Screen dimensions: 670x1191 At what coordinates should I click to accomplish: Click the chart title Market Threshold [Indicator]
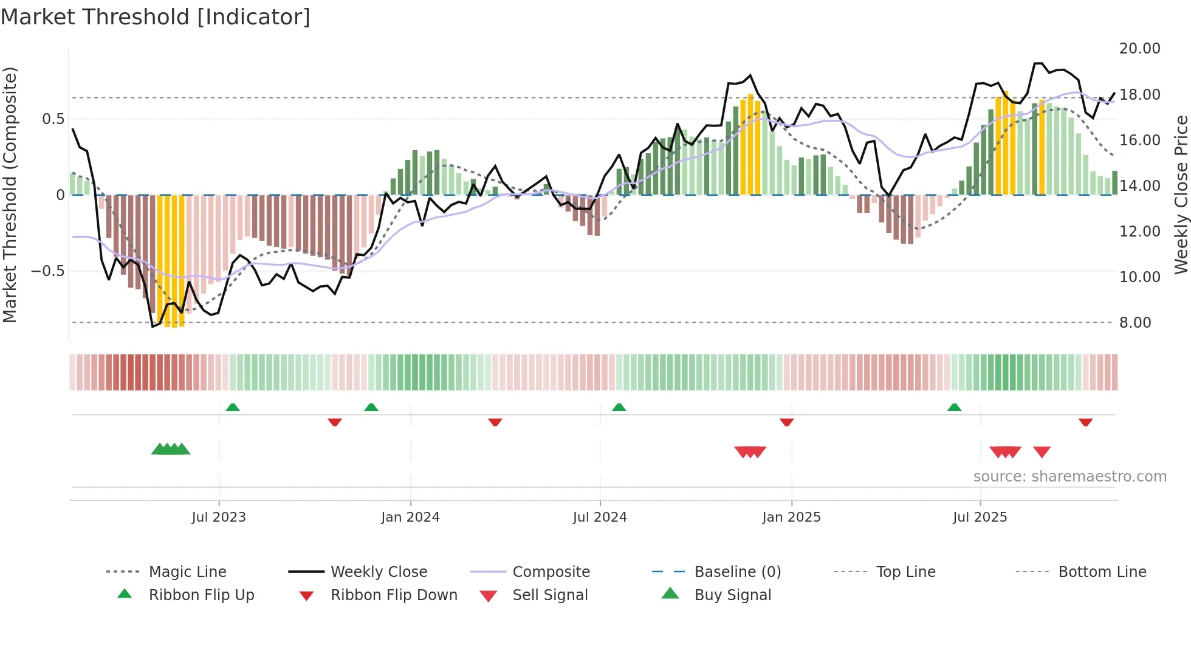[156, 17]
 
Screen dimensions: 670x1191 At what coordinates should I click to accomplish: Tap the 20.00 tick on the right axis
[1139, 49]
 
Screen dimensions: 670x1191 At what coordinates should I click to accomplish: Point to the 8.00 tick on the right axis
[1134, 323]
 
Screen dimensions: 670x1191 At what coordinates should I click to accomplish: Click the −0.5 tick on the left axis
[47, 271]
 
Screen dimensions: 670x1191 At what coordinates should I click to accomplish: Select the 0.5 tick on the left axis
[53, 119]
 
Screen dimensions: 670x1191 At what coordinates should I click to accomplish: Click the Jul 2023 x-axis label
[219, 517]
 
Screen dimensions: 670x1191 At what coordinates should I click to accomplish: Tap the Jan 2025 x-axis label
[791, 517]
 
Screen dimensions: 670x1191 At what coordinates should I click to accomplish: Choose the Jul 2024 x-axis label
[600, 517]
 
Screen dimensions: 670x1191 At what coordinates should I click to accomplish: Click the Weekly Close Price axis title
[1181, 195]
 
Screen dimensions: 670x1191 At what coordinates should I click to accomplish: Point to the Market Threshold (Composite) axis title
[10, 195]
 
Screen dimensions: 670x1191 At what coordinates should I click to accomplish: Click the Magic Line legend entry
[187, 572]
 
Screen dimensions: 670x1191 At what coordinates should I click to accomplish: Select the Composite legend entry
[551, 572]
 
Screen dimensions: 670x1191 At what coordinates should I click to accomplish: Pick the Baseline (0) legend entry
[737, 572]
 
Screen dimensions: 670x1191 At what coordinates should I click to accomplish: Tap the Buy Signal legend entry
[732, 595]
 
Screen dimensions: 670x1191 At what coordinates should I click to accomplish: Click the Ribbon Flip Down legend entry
[393, 595]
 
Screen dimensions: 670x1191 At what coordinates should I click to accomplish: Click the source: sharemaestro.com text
[1069, 477]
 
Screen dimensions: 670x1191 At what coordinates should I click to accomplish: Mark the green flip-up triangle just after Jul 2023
[233, 407]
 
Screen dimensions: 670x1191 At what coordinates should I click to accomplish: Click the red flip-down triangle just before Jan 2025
[786, 422]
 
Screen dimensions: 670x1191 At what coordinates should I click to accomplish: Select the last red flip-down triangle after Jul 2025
[1085, 422]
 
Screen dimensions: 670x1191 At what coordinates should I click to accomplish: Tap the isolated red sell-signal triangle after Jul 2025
[1042, 452]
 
